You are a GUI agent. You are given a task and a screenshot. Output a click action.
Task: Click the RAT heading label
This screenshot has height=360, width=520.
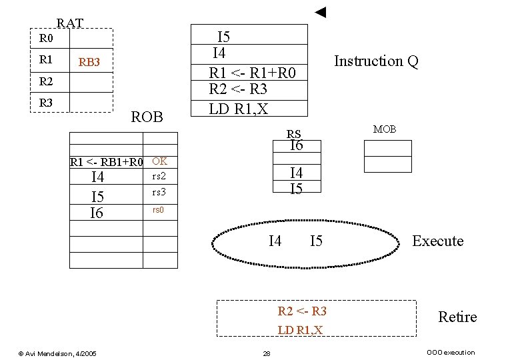70,23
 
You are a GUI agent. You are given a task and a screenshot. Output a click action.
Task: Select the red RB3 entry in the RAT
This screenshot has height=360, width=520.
89,63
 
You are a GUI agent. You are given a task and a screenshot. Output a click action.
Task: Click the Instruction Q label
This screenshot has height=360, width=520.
376,61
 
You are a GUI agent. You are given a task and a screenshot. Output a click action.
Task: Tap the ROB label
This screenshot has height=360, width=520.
147,117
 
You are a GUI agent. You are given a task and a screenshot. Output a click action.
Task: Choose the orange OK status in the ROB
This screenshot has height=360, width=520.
159,161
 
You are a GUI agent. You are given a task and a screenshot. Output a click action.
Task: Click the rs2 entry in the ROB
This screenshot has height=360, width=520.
159,177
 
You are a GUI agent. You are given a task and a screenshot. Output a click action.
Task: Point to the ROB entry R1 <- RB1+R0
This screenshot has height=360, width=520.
107,162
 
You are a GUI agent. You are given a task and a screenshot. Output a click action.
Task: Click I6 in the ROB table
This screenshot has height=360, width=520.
97,213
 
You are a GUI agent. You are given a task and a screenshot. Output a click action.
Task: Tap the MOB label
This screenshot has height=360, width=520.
385,129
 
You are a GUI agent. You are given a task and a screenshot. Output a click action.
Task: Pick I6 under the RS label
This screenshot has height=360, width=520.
296,145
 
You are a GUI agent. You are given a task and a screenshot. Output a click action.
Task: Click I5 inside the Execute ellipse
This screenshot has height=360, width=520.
316,241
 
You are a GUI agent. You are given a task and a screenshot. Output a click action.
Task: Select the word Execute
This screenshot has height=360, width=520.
437,241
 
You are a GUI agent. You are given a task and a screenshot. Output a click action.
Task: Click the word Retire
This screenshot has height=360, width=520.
457,317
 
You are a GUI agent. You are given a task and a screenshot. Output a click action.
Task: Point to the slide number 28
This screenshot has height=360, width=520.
266,353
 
